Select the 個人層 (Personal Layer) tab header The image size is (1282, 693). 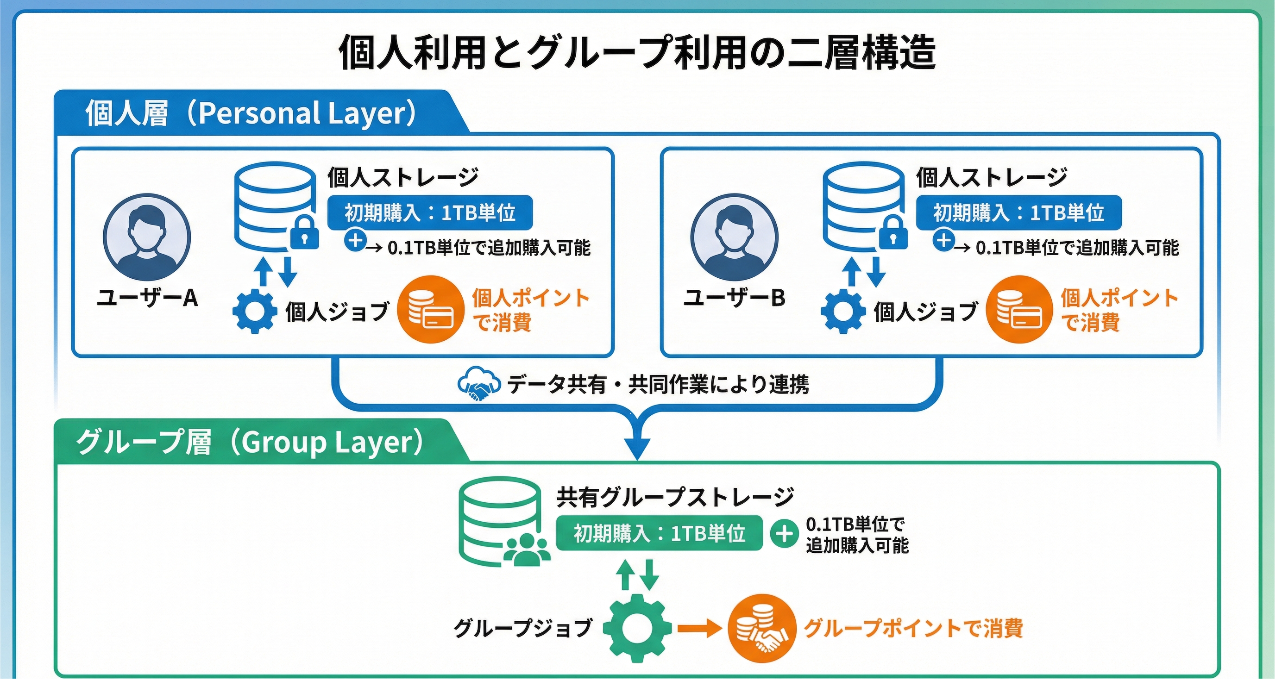coord(251,113)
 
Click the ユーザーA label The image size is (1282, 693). coord(147,298)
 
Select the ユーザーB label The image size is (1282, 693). coord(734,298)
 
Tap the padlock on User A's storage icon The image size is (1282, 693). coord(304,232)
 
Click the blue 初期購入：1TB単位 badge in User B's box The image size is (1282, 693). coord(1019,213)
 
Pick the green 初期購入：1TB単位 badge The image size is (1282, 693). coord(659,533)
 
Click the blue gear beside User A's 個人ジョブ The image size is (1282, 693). coord(255,311)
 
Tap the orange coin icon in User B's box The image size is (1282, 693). coord(1019,309)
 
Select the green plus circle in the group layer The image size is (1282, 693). coord(784,534)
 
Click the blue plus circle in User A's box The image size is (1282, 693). coord(355,241)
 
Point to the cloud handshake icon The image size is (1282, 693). coord(478,384)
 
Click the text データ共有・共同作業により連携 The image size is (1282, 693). coord(658,384)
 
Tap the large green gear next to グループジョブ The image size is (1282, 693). coord(637,628)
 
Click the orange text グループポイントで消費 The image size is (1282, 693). coord(913,628)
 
